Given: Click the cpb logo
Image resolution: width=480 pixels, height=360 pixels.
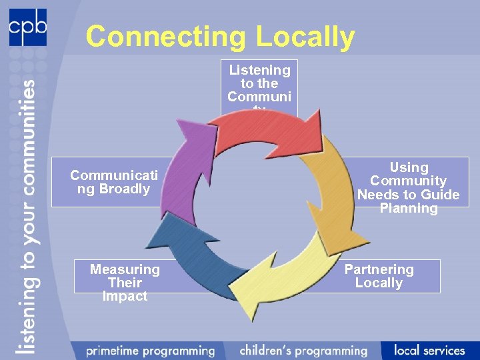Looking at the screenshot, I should pyautogui.click(x=27, y=27).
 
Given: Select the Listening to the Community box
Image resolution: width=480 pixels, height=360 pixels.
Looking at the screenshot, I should pyautogui.click(x=259, y=84).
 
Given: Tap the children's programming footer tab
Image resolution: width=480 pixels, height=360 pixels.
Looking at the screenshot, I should pyautogui.click(x=303, y=351).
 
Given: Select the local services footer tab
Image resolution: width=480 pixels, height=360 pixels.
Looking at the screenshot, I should pyautogui.click(x=429, y=351).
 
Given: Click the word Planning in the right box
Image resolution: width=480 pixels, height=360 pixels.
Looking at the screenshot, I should pyautogui.click(x=409, y=209).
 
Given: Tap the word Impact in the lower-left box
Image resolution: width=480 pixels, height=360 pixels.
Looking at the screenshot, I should pyautogui.click(x=125, y=297).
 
